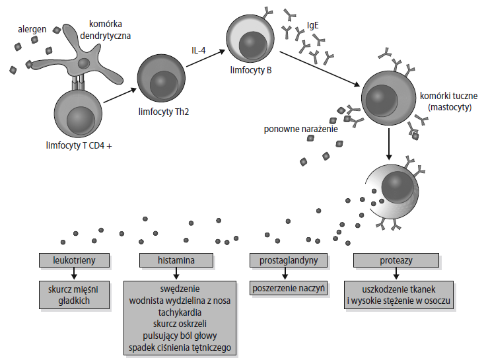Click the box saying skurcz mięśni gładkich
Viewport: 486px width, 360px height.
73,295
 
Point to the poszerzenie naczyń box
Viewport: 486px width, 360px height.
289,289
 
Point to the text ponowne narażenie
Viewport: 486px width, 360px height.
300,129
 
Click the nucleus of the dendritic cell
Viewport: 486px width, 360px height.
84,63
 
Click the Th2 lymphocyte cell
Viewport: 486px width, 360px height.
162,79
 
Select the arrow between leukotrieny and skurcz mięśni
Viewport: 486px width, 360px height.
73,273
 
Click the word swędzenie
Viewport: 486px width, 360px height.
179,289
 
